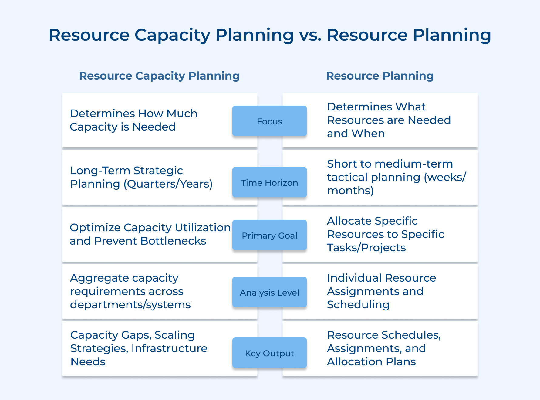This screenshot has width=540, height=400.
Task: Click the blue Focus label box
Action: (x=269, y=121)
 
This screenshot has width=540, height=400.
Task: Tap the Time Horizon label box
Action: (x=269, y=182)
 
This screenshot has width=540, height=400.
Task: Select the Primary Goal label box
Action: (x=269, y=235)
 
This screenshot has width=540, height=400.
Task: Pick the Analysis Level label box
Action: (x=269, y=292)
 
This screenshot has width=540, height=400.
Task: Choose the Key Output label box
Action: (x=269, y=353)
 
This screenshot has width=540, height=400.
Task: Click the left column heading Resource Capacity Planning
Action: (x=159, y=76)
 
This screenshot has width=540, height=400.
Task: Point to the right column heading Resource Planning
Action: (x=380, y=76)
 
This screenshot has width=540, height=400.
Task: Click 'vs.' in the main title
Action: (x=310, y=35)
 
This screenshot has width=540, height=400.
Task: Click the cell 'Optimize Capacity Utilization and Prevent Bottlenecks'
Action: (x=146, y=234)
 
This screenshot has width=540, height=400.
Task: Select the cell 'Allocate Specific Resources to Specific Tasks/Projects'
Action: (x=385, y=234)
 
